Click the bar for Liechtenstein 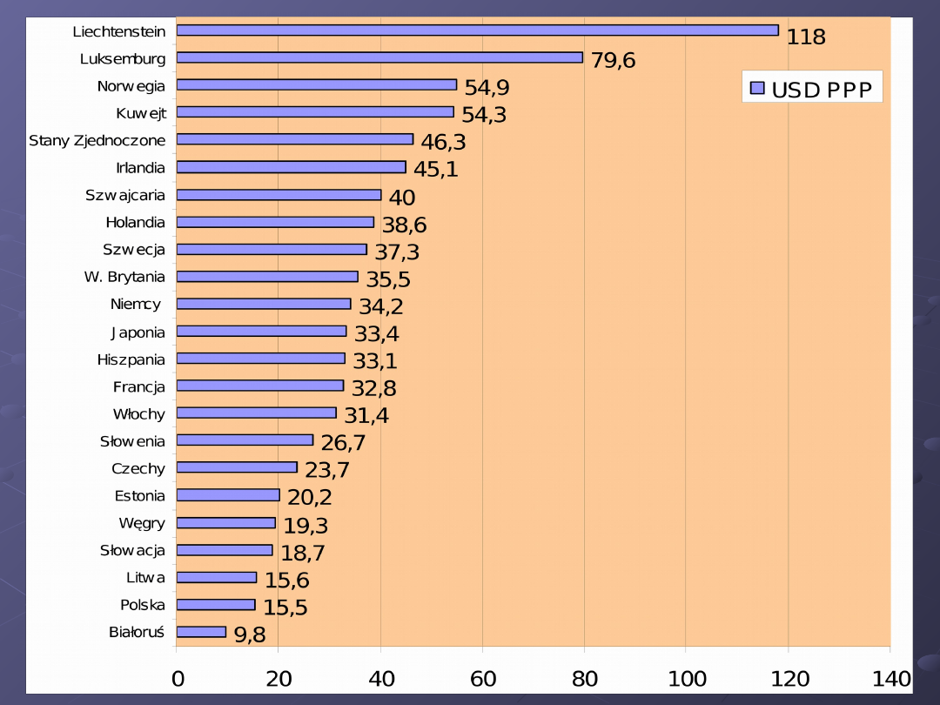pos(477,30)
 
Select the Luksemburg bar pos(379,57)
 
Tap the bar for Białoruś pos(201,632)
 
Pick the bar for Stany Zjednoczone pos(294,139)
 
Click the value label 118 pos(806,37)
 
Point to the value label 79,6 pos(613,61)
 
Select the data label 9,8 pos(250,635)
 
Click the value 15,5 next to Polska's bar pos(286,608)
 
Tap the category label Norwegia pos(131,86)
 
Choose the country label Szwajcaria pos(125,195)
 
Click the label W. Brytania pos(124,277)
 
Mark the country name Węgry pos(142,523)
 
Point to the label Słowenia pos(132,441)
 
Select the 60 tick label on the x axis pos(482,679)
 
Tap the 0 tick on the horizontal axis pos(178,679)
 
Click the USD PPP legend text pos(822,89)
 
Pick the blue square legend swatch pos(757,88)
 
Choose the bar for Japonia pos(261,331)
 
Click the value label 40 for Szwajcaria pos(402,198)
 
